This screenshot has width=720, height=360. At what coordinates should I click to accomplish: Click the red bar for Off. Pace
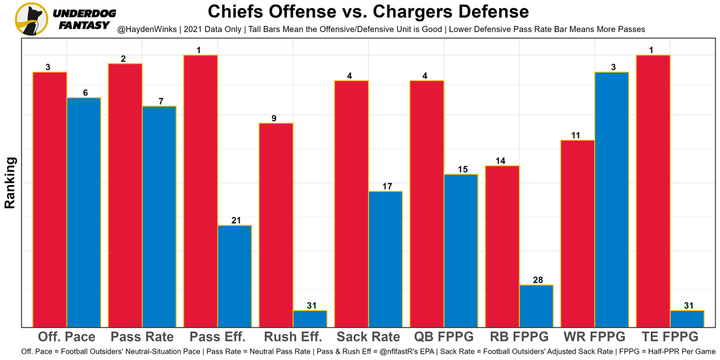coord(49,200)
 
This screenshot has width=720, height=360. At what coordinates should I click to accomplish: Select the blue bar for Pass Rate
coord(159,217)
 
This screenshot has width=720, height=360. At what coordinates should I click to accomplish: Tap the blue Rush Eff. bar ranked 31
coord(310,319)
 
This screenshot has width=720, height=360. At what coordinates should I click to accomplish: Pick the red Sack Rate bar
coord(351,204)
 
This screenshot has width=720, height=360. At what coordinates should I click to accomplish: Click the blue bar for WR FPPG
coord(611,200)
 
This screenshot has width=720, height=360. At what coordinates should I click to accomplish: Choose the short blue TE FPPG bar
coord(687,319)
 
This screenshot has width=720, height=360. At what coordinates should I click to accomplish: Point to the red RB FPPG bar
coord(502,246)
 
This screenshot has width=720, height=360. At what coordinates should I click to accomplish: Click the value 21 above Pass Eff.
coord(235,220)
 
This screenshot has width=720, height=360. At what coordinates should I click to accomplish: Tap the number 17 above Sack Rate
coord(386,186)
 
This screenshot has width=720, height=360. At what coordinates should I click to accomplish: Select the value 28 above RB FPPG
coord(537,280)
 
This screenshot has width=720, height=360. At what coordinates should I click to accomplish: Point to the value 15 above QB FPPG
coord(461,169)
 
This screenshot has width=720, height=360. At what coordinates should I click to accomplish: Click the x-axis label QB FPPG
coord(444,337)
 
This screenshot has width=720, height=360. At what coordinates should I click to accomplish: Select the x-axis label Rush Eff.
coord(293,337)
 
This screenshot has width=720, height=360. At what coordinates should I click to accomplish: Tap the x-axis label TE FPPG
coord(670,337)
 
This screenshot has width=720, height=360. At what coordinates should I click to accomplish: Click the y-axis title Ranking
coord(10,183)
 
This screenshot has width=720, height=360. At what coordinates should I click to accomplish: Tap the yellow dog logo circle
coord(31,19)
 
